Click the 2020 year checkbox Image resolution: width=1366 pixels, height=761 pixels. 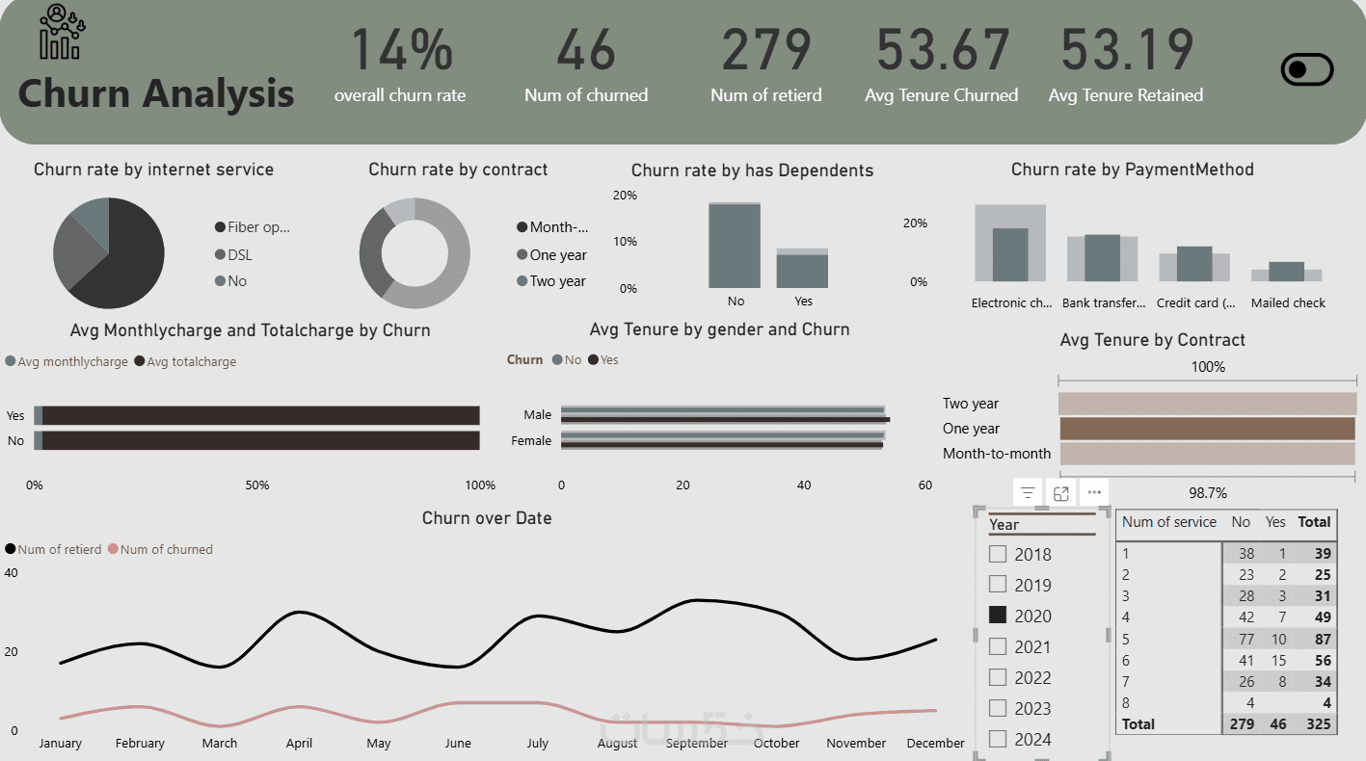click(998, 615)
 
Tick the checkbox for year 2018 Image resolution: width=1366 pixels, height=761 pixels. click(998, 554)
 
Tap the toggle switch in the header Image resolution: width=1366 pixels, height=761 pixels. click(1306, 69)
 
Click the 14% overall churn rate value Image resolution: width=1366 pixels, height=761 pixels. click(400, 50)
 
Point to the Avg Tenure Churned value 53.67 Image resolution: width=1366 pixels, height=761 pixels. click(942, 50)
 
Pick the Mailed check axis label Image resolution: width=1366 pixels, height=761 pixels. click(1288, 302)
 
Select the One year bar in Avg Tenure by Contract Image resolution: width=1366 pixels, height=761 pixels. click(1207, 429)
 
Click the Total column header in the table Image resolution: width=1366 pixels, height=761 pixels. click(1314, 522)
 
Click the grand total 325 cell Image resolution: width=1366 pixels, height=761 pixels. click(1318, 723)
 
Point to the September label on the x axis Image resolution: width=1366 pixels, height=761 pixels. click(696, 743)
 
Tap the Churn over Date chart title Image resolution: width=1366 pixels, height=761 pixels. click(487, 518)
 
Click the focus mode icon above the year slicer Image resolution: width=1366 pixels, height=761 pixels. click(1061, 493)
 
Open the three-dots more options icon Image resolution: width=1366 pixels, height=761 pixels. click(1094, 493)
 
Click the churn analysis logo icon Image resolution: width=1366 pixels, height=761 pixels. click(61, 33)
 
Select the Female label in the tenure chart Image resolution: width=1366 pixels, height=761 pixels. click(531, 440)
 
